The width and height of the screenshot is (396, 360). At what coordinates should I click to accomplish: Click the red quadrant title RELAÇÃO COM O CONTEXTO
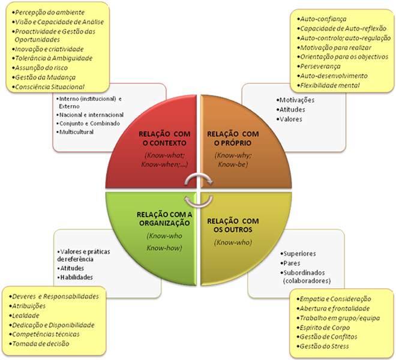click(x=166, y=137)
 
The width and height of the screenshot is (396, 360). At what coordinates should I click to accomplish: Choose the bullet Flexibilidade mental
click(x=329, y=85)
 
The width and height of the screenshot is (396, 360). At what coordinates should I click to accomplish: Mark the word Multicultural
click(x=77, y=131)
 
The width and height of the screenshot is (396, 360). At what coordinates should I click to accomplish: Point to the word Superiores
click(x=301, y=254)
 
